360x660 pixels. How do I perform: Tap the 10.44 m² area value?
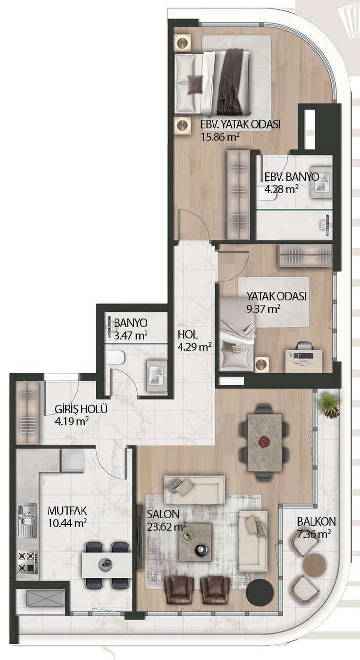click(x=67, y=523)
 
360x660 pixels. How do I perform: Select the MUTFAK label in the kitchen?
click(x=67, y=511)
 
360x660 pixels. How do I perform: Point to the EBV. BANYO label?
click(x=292, y=177)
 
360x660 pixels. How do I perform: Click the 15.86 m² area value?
click(x=220, y=137)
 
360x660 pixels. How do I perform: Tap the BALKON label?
click(x=316, y=522)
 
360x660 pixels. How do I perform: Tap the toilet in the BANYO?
click(x=116, y=358)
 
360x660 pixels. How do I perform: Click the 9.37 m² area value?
click(x=264, y=308)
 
